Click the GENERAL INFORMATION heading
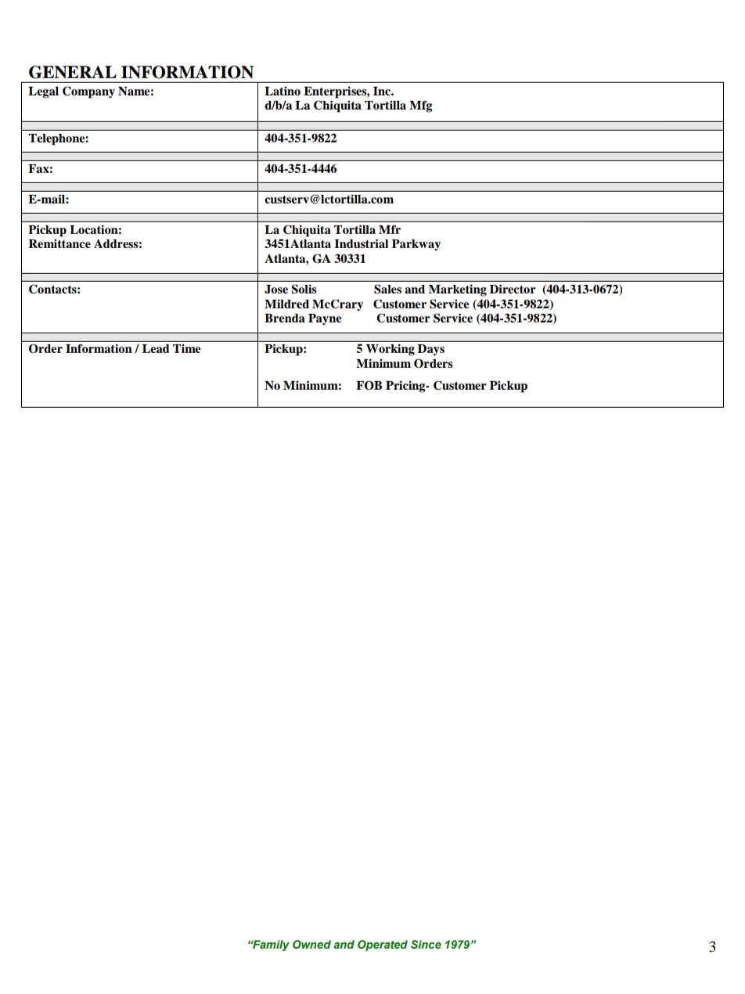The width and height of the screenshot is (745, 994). coord(141,72)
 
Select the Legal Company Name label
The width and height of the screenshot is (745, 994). coord(91,92)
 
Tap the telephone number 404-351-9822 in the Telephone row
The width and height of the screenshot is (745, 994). coord(301,139)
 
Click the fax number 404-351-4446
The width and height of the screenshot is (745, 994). coord(301,169)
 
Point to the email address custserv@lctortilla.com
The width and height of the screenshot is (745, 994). coord(329,200)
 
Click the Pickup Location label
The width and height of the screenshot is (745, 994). coord(75,230)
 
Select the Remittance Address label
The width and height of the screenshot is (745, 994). coord(85,244)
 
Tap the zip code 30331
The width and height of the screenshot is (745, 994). coord(350,259)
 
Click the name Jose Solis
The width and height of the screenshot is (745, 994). coord(290,290)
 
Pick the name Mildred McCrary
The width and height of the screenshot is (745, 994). coord(313,304)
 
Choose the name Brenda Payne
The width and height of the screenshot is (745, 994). coord(303,319)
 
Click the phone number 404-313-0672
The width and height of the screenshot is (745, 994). coord(582,290)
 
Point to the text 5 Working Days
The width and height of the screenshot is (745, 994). coord(400,349)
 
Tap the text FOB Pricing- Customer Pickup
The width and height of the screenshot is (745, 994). coord(441,386)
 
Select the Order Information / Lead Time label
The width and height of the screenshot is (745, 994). coord(114,349)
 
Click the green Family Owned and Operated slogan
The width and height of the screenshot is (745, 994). coord(362,945)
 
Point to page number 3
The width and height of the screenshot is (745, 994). coord(712,947)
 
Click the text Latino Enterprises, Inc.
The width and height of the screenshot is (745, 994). coord(329,92)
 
